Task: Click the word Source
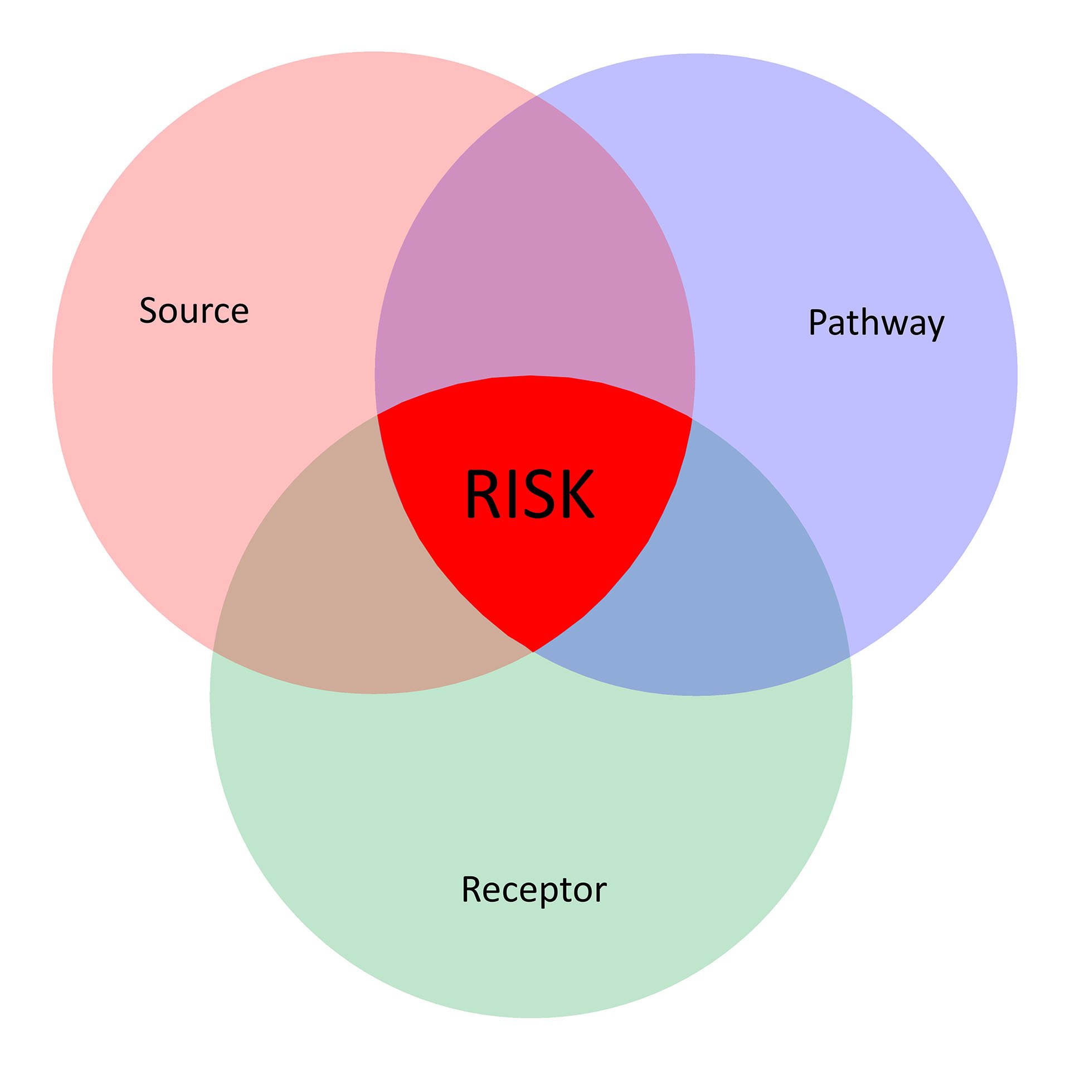[x=194, y=310]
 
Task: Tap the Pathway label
[x=876, y=323]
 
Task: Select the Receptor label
[x=534, y=889]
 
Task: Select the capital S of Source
[x=148, y=310]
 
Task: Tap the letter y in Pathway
[x=934, y=325]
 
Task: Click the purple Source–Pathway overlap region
[x=535, y=251]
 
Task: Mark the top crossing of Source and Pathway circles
[x=536, y=96]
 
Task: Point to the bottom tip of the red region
[x=533, y=651]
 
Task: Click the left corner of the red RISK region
[x=378, y=415]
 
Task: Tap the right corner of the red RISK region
[x=692, y=417]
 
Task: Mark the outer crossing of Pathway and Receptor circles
[x=849, y=657]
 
